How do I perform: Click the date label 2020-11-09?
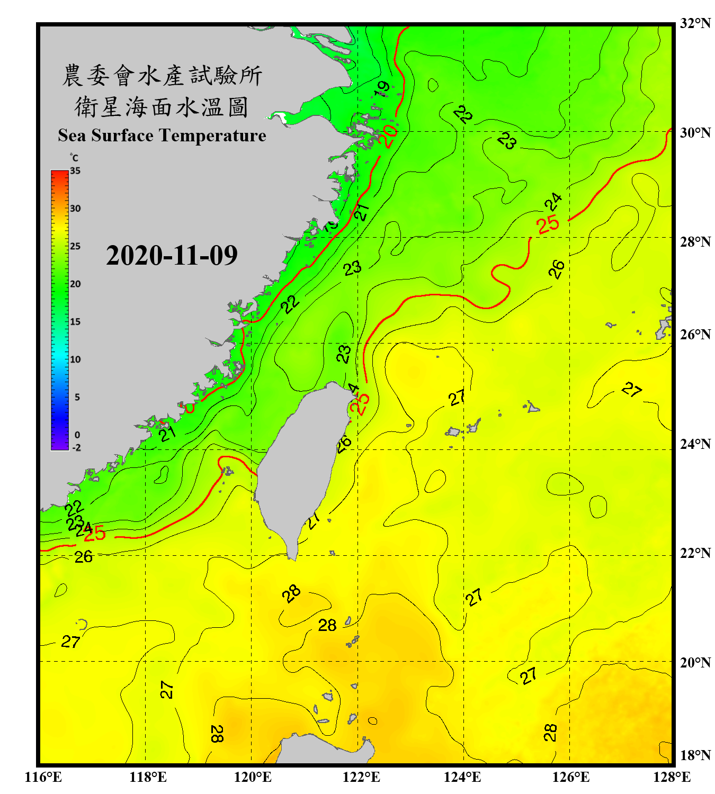tap(172, 255)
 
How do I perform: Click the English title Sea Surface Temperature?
tap(162, 136)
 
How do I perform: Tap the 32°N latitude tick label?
tap(695, 23)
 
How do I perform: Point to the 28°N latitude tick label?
tap(695, 242)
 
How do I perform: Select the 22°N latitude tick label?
tap(695, 553)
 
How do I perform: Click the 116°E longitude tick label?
tap(43, 777)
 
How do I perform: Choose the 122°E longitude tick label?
tap(361, 777)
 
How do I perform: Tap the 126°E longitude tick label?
tap(571, 777)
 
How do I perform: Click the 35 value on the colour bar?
tap(75, 171)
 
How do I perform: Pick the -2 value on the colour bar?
tap(76, 447)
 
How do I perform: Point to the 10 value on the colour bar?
tap(75, 359)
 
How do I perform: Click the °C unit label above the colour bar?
tap(74, 158)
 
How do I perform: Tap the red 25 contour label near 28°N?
tap(548, 224)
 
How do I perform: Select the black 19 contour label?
tap(382, 88)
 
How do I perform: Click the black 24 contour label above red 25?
tap(553, 202)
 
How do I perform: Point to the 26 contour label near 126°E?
tap(556, 269)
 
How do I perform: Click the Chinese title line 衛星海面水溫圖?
tap(162, 107)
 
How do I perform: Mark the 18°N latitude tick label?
tap(695, 755)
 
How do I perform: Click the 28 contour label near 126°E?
tap(550, 733)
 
